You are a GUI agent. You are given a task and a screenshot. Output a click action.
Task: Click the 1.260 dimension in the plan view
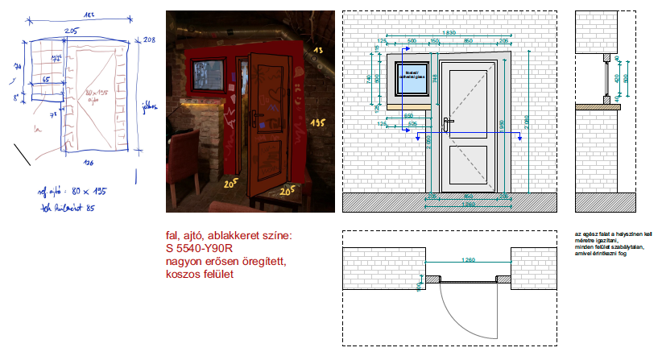467,260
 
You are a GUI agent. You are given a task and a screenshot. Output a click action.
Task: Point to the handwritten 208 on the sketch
147,39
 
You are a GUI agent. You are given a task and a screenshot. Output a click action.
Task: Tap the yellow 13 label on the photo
317,51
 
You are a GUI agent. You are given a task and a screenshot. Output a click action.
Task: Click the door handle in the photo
254,119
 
